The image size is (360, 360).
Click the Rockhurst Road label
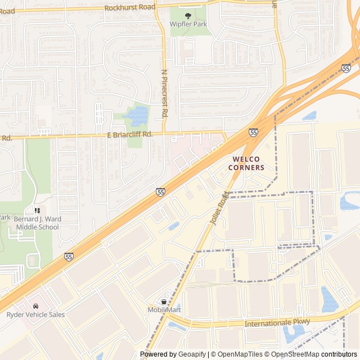point(130,7)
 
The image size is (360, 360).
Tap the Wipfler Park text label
point(189,25)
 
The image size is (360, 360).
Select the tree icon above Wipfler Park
point(188,16)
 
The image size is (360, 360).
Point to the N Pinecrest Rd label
point(165,93)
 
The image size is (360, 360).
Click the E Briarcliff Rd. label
point(130,134)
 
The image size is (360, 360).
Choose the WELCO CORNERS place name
point(246,163)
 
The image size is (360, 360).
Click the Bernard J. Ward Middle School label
point(37,222)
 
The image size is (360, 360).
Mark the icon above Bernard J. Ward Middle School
point(37,210)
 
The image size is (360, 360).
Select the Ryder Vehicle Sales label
point(35,314)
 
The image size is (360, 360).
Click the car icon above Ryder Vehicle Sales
point(35,305)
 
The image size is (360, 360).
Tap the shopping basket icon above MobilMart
point(164,301)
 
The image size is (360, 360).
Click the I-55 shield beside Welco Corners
point(254,132)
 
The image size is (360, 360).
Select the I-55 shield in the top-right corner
point(345,68)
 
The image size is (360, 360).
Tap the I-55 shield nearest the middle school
point(69,256)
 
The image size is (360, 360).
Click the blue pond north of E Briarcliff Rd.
point(136,116)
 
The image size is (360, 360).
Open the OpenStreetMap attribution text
point(292,354)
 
